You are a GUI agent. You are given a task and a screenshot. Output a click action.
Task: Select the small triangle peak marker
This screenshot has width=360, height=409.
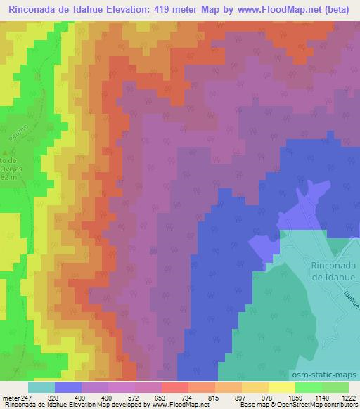click(6, 152)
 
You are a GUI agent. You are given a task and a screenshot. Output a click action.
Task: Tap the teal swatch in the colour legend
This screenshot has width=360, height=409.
click(41, 387)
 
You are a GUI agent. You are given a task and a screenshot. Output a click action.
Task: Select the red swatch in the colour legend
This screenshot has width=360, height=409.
click(174, 387)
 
